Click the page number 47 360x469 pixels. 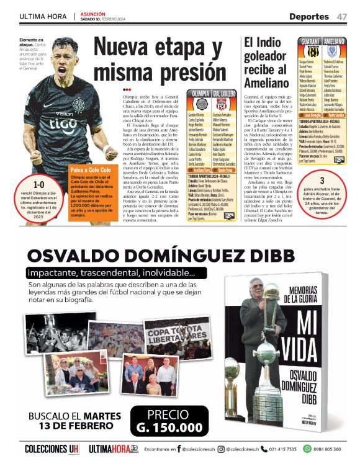(x=342, y=16)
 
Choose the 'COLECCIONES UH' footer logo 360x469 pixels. (x=52, y=449)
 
